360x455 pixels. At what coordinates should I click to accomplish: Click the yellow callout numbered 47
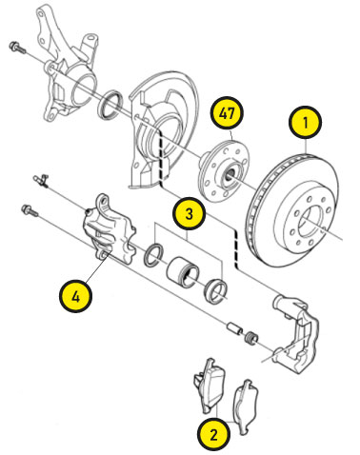(227, 113)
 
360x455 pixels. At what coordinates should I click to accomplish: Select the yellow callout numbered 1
(305, 123)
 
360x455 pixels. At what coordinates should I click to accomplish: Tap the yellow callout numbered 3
(189, 213)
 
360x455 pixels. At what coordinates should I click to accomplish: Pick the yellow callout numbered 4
(75, 297)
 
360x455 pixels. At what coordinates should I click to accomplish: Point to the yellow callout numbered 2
(213, 434)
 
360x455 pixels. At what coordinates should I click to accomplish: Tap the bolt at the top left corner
(17, 47)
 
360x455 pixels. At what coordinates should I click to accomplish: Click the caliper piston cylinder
(183, 272)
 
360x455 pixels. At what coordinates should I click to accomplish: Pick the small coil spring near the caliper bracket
(251, 337)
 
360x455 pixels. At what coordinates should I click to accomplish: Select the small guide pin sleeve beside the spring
(234, 328)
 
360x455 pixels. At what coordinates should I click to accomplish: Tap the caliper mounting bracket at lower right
(295, 333)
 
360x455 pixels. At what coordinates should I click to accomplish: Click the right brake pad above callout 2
(246, 406)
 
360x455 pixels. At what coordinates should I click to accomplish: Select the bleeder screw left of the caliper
(41, 181)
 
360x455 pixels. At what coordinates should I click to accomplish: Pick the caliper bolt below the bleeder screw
(30, 210)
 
